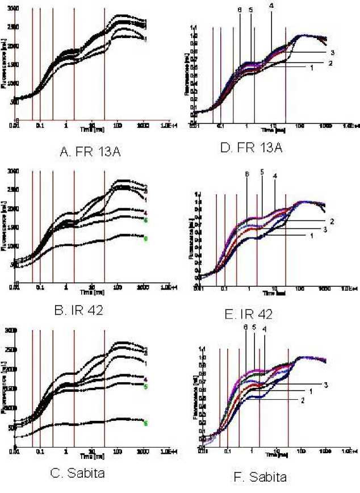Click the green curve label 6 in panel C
pos(146,423)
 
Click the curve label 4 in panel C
pos(146,378)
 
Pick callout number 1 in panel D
pos(312,68)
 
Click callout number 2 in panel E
pos(331,220)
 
